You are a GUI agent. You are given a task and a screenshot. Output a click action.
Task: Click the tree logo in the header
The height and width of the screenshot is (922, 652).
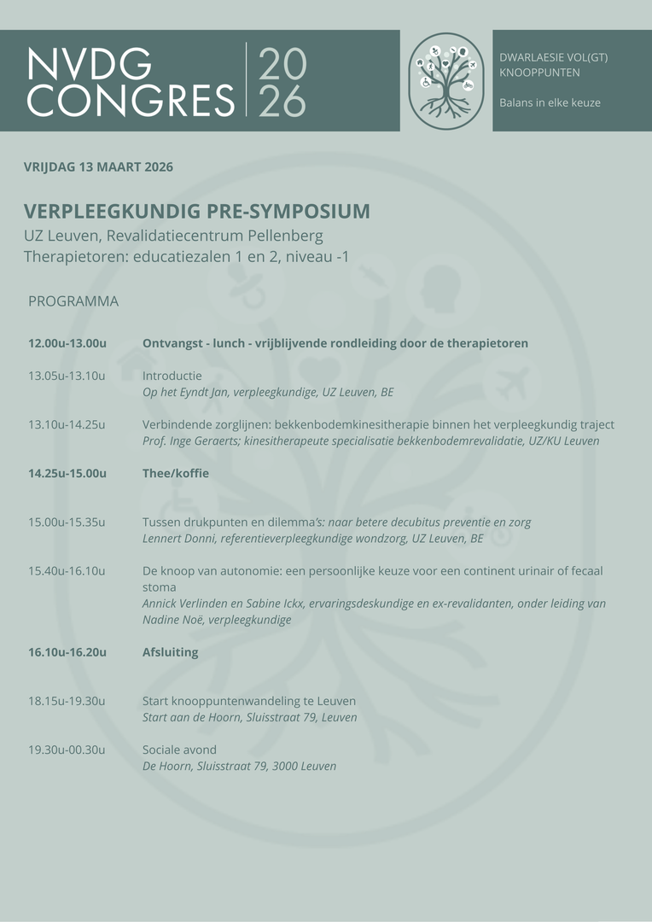tap(446, 80)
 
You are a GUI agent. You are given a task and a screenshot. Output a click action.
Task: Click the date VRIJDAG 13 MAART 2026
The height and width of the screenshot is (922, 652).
tap(98, 167)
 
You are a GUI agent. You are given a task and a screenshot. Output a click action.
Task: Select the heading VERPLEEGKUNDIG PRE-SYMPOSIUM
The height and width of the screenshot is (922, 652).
tap(197, 212)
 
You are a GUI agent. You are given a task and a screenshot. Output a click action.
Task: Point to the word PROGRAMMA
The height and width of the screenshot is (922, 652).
tap(73, 301)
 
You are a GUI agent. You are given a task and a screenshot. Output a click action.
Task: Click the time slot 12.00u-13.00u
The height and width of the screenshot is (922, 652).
tap(67, 343)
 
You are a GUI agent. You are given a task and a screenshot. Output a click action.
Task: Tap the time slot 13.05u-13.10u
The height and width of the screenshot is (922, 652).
tap(67, 376)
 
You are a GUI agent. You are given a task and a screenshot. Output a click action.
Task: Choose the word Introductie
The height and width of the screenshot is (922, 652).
tap(172, 376)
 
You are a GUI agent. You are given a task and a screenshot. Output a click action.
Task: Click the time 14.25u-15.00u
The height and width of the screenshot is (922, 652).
tap(67, 473)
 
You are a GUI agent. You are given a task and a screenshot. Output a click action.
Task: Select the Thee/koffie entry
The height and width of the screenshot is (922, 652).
tap(176, 473)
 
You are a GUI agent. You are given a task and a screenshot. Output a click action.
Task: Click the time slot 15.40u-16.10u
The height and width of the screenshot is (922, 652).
tap(67, 570)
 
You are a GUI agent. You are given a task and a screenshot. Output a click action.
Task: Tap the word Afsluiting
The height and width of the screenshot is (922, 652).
tap(171, 652)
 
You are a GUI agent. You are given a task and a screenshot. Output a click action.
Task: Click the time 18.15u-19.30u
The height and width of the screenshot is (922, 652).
tap(67, 701)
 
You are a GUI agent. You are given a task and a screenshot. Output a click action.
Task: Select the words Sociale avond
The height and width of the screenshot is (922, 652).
tap(179, 750)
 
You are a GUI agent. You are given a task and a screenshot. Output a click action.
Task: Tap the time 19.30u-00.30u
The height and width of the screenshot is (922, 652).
tap(67, 750)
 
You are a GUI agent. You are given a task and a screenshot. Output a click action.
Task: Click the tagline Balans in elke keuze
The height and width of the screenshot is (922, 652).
tap(550, 102)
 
